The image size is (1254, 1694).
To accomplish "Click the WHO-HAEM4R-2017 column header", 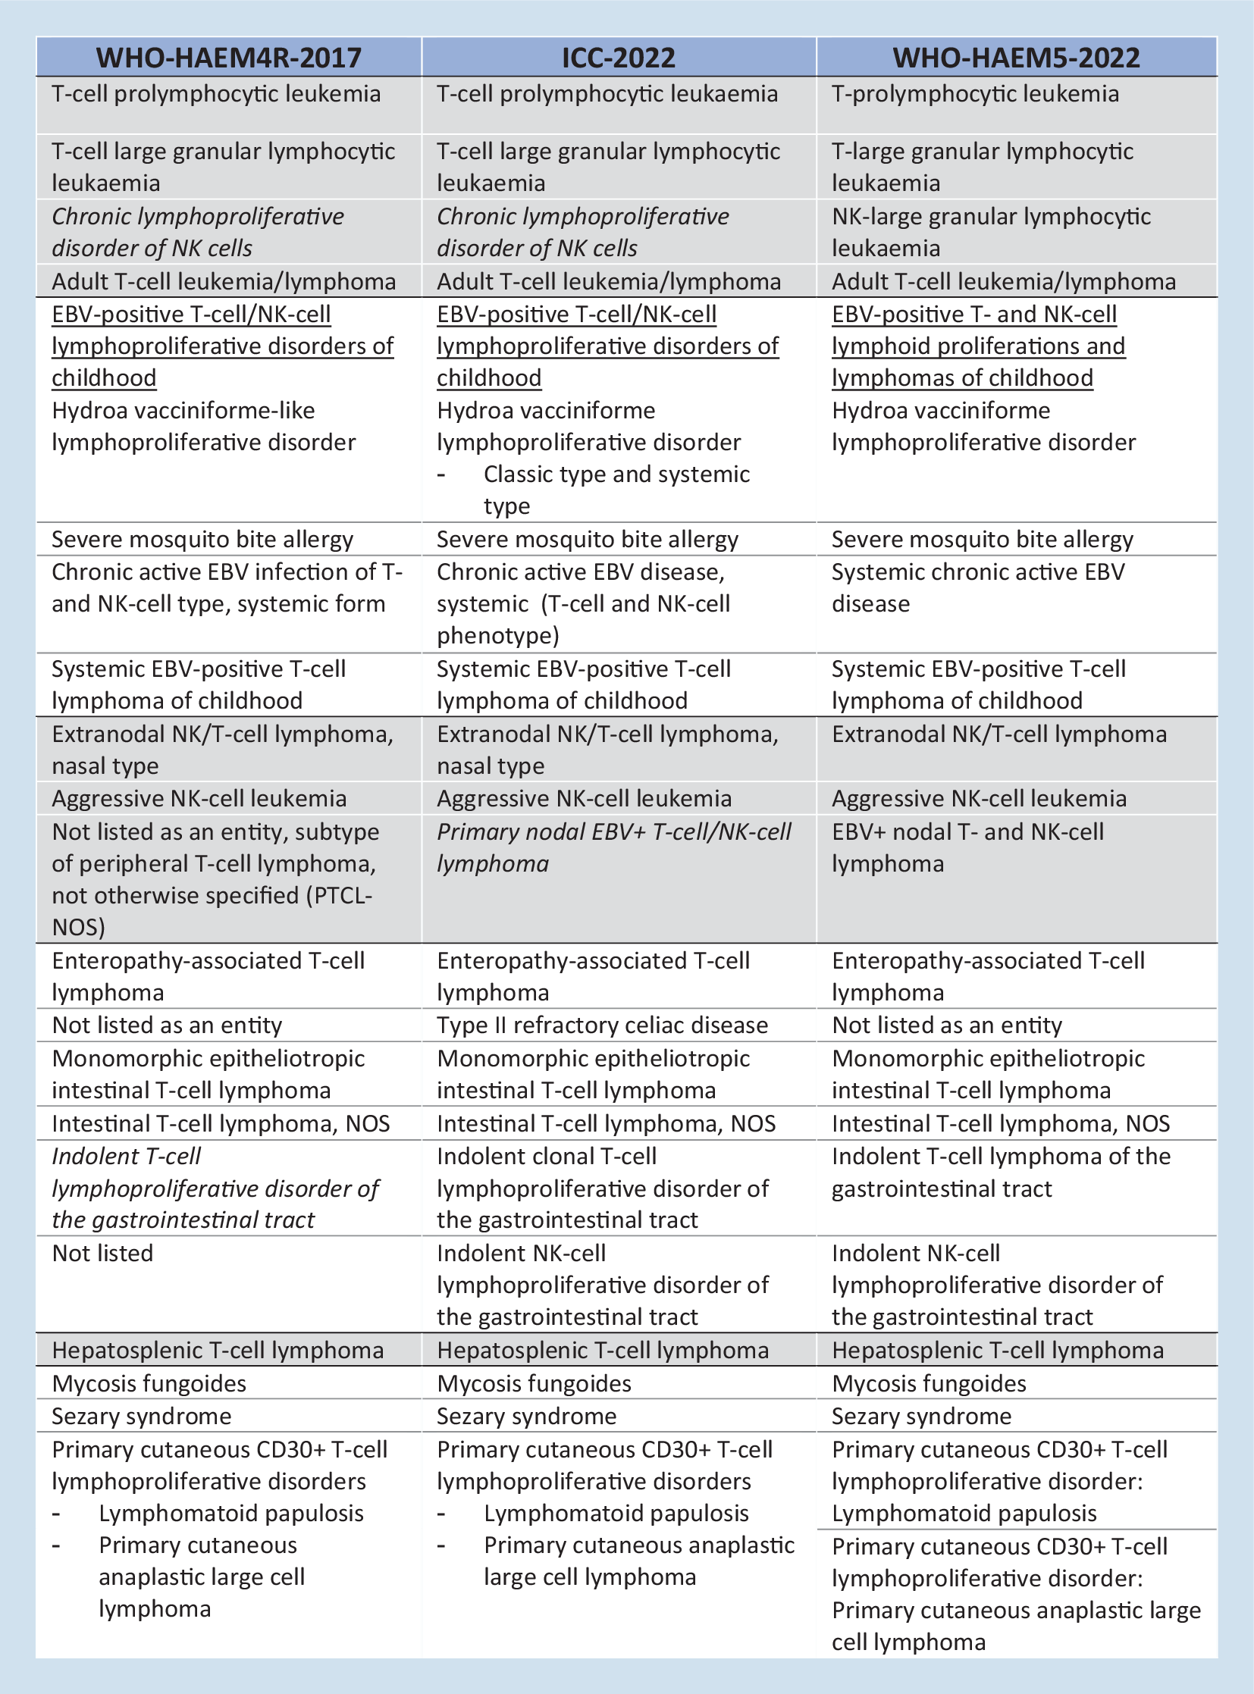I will [x=229, y=58].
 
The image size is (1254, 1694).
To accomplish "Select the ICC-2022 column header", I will [x=619, y=58].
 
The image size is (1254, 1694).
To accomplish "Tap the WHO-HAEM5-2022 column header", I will [x=1016, y=58].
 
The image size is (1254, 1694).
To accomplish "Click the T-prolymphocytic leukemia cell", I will [x=975, y=94].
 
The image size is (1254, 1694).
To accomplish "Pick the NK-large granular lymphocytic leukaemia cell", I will [x=991, y=231].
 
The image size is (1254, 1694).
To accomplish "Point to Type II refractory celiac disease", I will [x=602, y=1025].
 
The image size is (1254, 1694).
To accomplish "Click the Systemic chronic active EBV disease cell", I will [x=978, y=587].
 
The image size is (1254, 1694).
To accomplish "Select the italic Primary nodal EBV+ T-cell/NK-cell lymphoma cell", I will [x=613, y=848].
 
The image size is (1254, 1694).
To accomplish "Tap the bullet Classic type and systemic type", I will [x=616, y=490].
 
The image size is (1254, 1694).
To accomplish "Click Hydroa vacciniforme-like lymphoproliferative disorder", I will [x=203, y=426].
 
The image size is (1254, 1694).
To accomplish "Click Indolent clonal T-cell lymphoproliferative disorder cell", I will [x=603, y=1188].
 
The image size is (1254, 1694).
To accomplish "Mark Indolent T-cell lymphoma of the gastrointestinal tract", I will [x=1001, y=1172].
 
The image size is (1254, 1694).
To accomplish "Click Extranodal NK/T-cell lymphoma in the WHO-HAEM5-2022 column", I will [x=999, y=734].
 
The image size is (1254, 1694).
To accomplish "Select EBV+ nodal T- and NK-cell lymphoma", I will [x=968, y=848].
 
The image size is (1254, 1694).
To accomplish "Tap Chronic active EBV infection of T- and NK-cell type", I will [x=226, y=587].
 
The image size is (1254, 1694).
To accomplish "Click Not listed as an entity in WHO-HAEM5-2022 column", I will [x=947, y=1025].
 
